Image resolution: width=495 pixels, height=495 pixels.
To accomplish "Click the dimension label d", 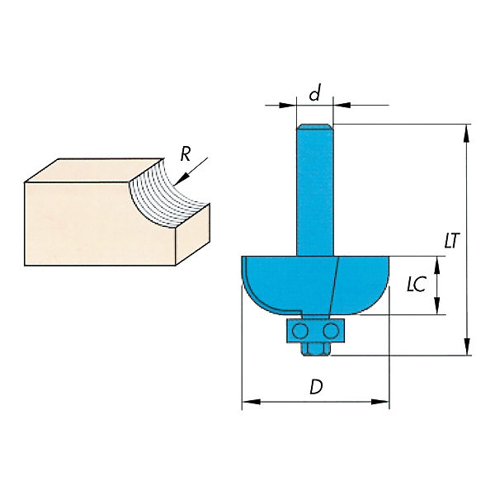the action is pos(315,92).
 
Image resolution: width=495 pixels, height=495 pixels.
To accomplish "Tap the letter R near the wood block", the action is pos(186,154).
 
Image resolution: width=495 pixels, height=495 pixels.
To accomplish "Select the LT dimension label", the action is pos(452,241).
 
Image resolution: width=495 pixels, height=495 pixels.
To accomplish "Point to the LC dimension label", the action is pos(417,284).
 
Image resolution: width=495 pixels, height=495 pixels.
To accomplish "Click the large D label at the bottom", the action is pos(316,387).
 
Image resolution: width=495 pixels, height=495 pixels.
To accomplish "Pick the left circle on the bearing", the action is pos(300,331).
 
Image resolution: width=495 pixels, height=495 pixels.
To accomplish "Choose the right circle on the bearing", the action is pos(331,331).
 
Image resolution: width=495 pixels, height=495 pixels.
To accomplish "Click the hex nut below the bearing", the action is pos(316,349).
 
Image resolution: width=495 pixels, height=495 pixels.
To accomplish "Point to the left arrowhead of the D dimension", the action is pos(252,402).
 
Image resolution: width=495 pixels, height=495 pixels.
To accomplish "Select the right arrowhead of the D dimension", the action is pos(379,402).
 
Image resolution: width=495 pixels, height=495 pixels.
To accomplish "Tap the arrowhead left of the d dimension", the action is pos(288,105).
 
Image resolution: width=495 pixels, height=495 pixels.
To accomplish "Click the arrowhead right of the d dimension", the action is pos(342,105).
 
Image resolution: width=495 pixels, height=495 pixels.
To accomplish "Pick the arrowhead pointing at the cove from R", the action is pos(179,180).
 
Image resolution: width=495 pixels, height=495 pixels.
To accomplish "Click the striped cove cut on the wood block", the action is pos(167,196).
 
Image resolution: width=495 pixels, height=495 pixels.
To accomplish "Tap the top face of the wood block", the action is pos(95,171).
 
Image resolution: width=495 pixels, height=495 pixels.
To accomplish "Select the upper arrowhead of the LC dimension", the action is pos(437,264).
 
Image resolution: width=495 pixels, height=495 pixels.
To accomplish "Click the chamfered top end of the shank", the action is pos(315,127).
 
